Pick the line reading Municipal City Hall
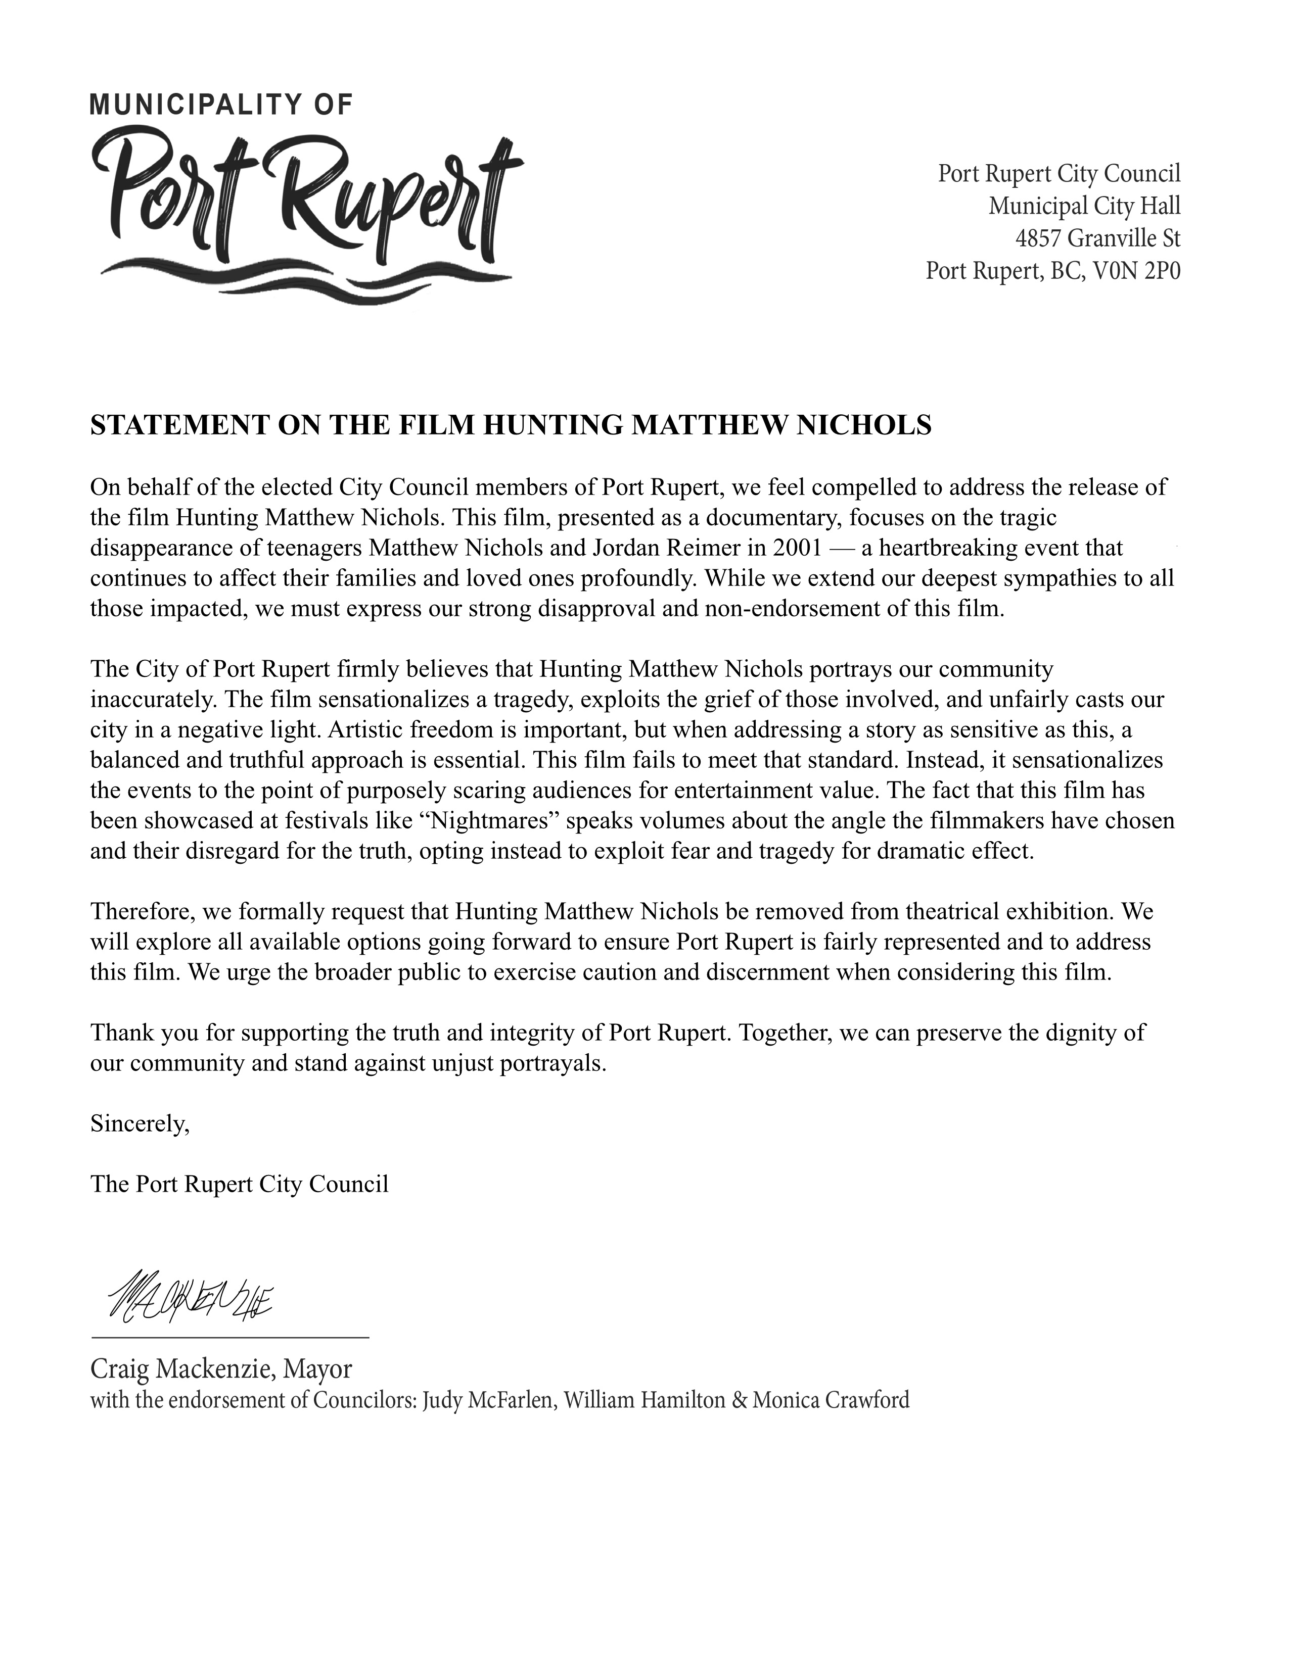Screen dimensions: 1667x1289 [x=1084, y=206]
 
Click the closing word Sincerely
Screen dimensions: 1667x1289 [x=140, y=1123]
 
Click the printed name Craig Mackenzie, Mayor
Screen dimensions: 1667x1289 [x=221, y=1368]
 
